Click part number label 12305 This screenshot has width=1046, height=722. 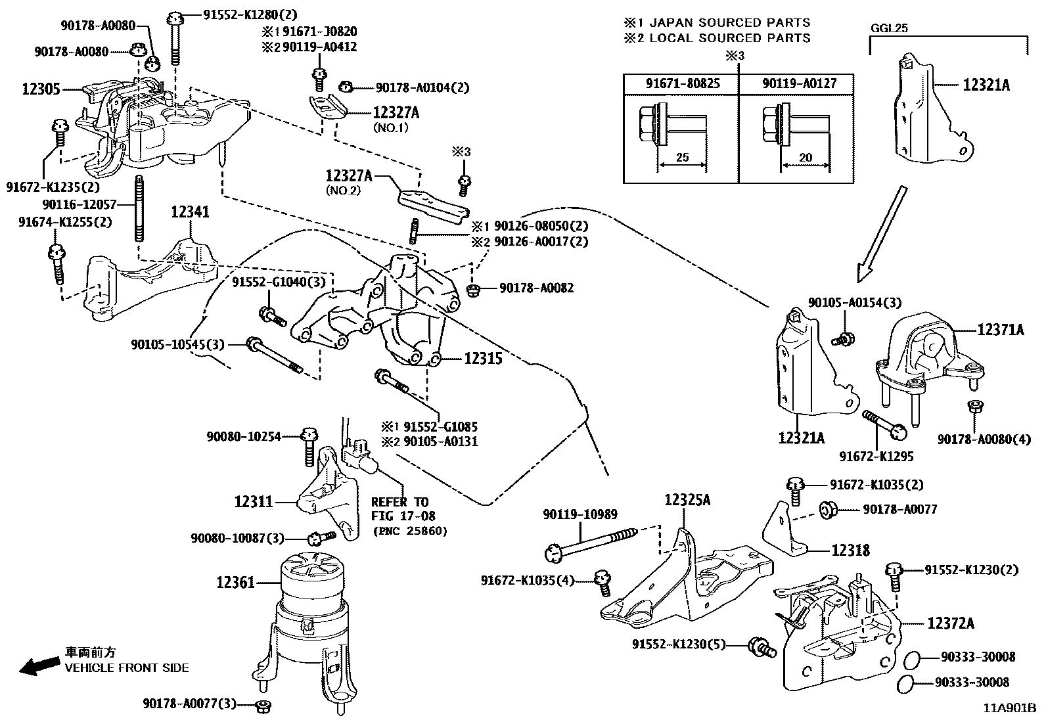click(41, 89)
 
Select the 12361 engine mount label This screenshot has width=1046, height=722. click(236, 582)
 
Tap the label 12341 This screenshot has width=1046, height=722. click(190, 212)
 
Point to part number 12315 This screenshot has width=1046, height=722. click(484, 359)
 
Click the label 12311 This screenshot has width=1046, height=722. click(254, 502)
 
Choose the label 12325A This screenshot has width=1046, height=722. click(687, 500)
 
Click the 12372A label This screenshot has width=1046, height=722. click(951, 623)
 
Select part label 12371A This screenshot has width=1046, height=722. click(1001, 330)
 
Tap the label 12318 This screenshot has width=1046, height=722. click(851, 551)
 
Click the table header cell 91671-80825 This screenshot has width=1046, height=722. click(683, 83)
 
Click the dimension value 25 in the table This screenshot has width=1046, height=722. click(683, 157)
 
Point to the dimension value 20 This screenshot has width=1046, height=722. click(806, 158)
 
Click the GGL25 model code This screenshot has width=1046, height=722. click(889, 28)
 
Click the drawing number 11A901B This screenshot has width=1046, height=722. click(1010, 708)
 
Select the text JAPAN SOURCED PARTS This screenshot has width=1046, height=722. click(730, 22)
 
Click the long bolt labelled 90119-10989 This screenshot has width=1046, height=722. click(591, 544)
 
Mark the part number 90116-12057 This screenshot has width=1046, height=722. click(80, 204)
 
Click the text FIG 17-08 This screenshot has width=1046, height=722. click(403, 516)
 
